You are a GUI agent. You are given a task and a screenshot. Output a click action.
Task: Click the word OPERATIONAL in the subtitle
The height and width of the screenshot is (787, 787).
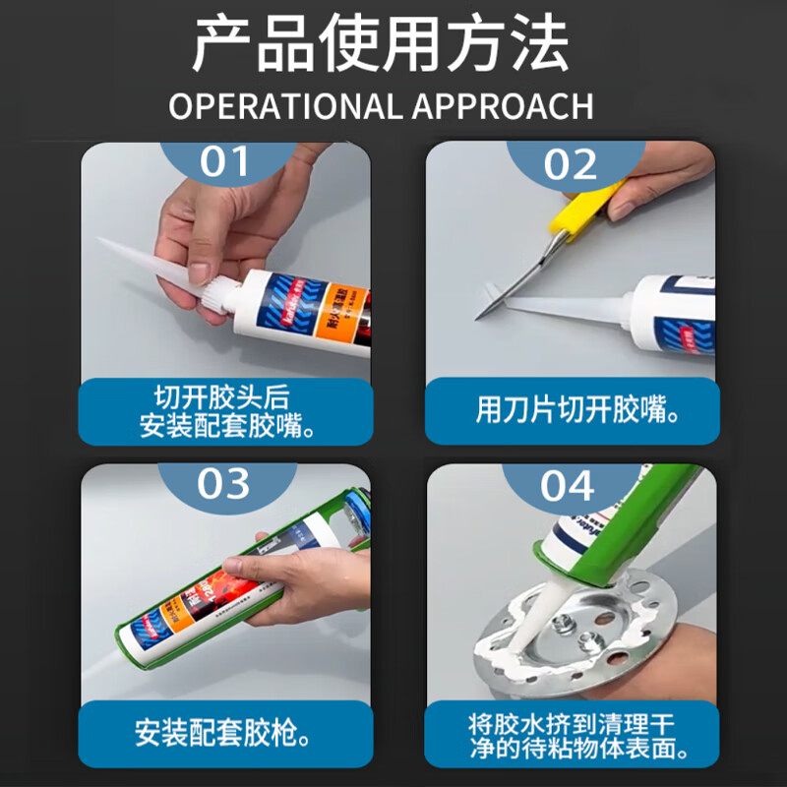(x=285, y=105)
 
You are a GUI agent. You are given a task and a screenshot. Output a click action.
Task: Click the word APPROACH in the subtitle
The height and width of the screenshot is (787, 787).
(x=503, y=105)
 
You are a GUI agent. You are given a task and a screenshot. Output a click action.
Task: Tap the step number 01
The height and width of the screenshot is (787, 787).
(x=225, y=161)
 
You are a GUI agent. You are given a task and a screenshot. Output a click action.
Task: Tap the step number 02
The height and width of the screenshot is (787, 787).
(x=571, y=163)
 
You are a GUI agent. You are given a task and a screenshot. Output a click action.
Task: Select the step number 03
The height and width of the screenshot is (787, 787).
(x=225, y=484)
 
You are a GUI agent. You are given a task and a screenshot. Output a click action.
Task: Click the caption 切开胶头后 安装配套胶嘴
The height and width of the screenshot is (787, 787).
(x=225, y=411)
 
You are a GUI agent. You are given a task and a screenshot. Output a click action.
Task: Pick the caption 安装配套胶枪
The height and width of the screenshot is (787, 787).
(x=225, y=733)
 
